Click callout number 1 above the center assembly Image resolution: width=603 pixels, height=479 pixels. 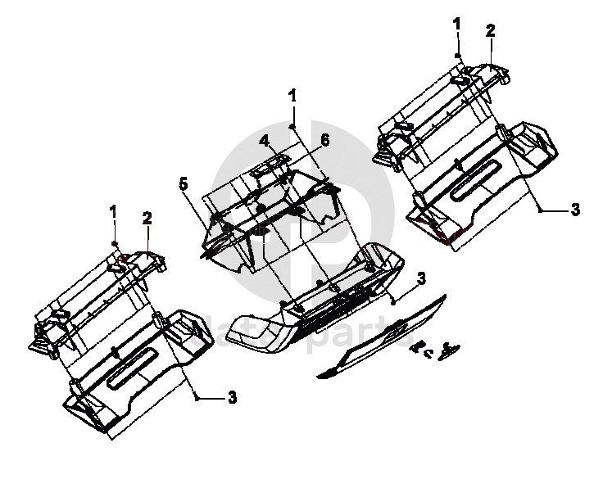292,96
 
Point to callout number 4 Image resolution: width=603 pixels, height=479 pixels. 264,141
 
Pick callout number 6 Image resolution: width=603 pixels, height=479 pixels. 324,141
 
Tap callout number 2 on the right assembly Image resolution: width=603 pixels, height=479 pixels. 490,31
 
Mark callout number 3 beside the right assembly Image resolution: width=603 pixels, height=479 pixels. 575,210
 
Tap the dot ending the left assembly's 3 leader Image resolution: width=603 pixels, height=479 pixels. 198,397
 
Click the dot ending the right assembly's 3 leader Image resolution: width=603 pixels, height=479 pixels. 542,210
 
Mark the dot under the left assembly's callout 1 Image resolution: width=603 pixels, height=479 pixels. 116,244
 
